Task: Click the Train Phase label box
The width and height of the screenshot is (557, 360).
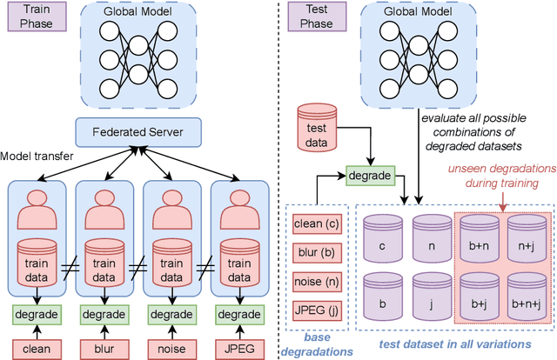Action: click(33, 17)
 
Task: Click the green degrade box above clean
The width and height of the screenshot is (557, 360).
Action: click(37, 315)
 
